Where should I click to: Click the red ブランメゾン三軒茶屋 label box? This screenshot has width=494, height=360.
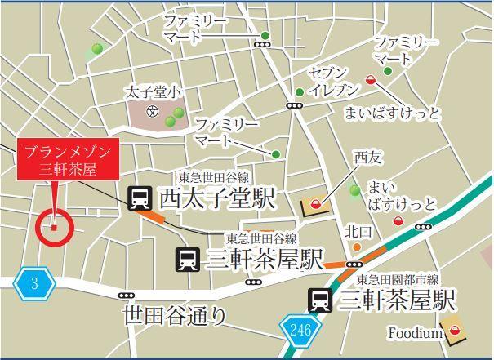tap(68, 160)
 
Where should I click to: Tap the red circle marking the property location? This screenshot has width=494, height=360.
tap(55, 227)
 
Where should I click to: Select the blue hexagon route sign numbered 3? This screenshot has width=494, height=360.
tap(34, 283)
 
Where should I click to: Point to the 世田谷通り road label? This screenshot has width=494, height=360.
tap(174, 315)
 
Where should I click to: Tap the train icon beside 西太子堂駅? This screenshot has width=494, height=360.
tap(140, 198)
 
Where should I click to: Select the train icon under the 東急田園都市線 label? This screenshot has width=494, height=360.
tap(319, 300)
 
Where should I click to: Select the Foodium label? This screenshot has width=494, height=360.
tap(415, 333)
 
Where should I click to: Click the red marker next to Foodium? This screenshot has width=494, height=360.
tap(455, 331)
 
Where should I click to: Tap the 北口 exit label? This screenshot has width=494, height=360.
tap(358, 231)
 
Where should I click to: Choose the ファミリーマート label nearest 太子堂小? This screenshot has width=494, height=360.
tap(226, 131)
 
